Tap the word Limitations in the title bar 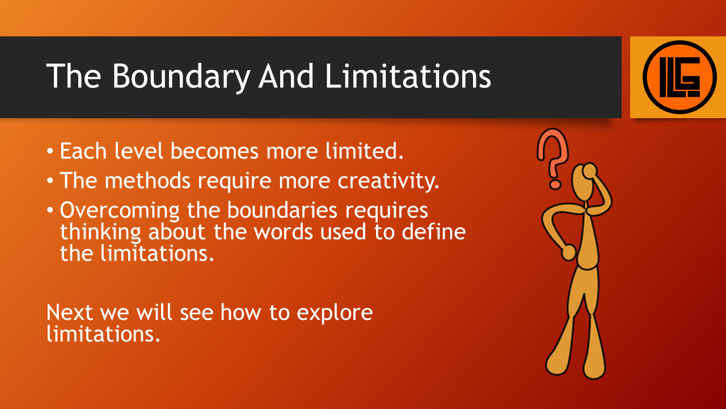pyautogui.click(x=408, y=76)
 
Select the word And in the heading pyautogui.click(x=286, y=76)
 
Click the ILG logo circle pyautogui.click(x=679, y=77)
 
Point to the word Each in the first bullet pyautogui.click(x=83, y=151)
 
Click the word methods pyautogui.click(x=147, y=180)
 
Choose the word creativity pyautogui.click(x=389, y=181)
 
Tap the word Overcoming pyautogui.click(x=120, y=211)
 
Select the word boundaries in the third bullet pyautogui.click(x=282, y=210)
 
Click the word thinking pyautogui.click(x=100, y=232)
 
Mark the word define pyautogui.click(x=434, y=231)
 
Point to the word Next pyautogui.click(x=70, y=312)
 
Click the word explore pyautogui.click(x=335, y=313)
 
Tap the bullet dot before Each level pyautogui.click(x=50, y=151)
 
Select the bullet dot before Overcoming pyautogui.click(x=50, y=210)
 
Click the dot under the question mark pyautogui.click(x=555, y=185)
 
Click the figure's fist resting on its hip pyautogui.click(x=568, y=253)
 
